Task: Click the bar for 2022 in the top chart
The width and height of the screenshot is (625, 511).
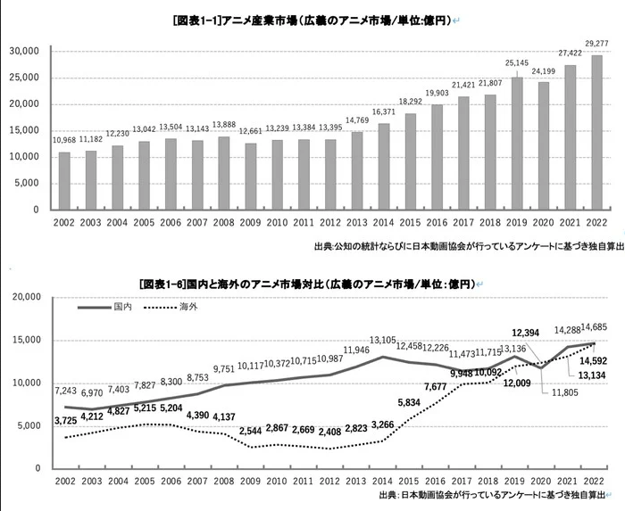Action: pyautogui.click(x=596, y=132)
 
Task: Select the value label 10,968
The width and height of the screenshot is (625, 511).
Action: pyautogui.click(x=64, y=140)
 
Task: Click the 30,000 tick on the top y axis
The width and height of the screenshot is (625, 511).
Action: pyautogui.click(x=24, y=52)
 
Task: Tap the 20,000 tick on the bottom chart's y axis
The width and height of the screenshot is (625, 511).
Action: pyautogui.click(x=24, y=297)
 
